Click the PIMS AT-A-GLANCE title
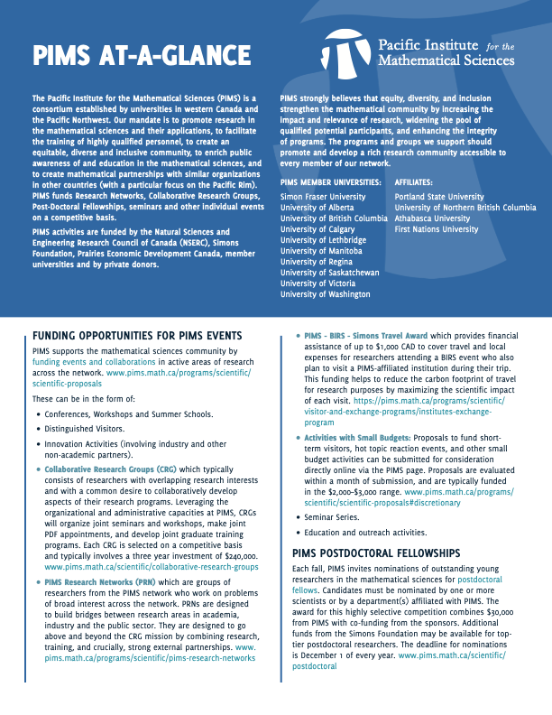point(131,57)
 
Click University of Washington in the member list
point(325,294)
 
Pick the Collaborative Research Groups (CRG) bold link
point(110,470)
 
